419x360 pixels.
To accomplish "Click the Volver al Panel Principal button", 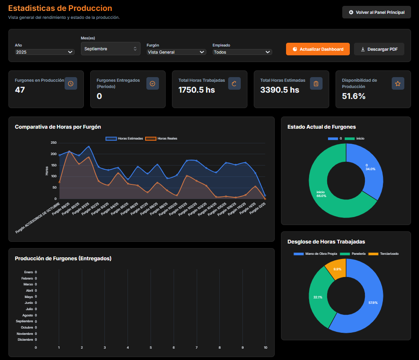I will click(x=376, y=13).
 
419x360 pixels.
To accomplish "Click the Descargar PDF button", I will click(x=379, y=49).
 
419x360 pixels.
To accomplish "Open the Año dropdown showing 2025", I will click(x=44, y=52).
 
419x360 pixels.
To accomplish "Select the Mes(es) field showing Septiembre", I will click(x=110, y=49).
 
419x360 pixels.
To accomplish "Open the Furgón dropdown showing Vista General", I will click(x=176, y=52).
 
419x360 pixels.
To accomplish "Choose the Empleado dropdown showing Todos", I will click(x=242, y=52).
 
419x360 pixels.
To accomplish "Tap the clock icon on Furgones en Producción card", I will click(x=71, y=83).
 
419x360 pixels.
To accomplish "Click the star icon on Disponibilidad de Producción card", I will click(x=398, y=83).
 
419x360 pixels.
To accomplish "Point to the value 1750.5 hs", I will click(x=196, y=90).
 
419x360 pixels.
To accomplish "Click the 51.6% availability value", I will click(x=354, y=96).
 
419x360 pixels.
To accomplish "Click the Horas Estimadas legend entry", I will click(x=124, y=138).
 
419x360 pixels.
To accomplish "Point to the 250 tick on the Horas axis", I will click(x=53, y=143).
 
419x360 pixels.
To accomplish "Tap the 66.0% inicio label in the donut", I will click(x=321, y=194).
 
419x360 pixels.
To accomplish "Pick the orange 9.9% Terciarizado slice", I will click(x=338, y=268).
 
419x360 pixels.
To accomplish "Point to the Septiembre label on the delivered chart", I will click(x=24, y=321).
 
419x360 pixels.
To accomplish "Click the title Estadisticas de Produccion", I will click(x=60, y=8).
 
